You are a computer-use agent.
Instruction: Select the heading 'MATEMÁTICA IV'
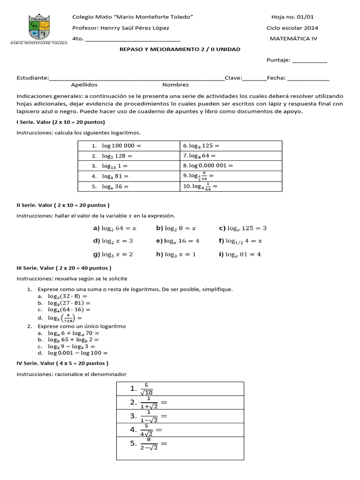(x=293, y=38)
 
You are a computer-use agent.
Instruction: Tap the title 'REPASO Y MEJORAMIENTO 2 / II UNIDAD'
(x=180, y=49)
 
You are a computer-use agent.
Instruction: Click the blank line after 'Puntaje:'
(x=309, y=60)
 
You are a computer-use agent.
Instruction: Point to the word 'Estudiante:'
(x=32, y=78)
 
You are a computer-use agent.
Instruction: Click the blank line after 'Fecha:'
(x=308, y=78)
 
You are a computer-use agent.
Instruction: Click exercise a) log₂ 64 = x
(x=115, y=228)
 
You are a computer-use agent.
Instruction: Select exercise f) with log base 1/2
(x=240, y=241)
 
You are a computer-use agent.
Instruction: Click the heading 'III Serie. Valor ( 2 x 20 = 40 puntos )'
(x=64, y=268)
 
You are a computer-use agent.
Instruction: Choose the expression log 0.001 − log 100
(x=78, y=353)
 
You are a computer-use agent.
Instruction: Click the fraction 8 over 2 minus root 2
(x=149, y=444)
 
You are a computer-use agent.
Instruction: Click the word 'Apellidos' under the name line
(x=84, y=85)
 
